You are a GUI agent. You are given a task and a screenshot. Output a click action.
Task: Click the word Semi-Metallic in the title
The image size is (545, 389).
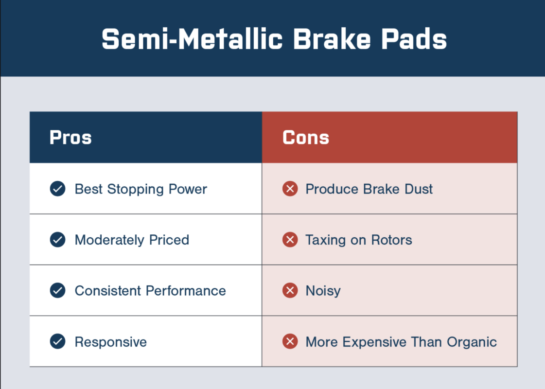192,39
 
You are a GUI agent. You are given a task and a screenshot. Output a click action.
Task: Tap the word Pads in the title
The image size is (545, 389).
414,39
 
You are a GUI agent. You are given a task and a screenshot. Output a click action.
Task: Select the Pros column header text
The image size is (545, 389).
70,137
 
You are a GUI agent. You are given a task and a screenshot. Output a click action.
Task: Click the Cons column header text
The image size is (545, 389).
306,137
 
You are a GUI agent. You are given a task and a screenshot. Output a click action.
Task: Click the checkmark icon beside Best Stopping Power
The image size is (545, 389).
58,189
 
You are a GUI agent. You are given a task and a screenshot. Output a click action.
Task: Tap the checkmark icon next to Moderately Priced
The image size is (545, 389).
58,240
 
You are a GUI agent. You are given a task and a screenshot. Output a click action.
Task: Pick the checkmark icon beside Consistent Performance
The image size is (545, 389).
58,290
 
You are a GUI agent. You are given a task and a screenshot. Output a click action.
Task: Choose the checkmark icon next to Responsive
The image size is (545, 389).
58,341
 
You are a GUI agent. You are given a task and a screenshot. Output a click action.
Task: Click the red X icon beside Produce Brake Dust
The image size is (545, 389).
290,189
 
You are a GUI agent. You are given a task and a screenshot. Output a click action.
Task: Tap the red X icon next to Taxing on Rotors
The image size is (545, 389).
290,240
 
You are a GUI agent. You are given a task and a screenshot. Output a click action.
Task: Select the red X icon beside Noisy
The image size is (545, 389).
290,290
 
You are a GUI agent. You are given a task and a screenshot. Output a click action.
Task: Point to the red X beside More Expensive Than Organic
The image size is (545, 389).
290,341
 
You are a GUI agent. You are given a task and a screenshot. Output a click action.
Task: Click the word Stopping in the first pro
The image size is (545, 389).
135,190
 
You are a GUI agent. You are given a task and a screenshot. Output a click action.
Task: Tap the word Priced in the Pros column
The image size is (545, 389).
169,240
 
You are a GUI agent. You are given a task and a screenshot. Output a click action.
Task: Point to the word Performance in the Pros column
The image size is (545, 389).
186,291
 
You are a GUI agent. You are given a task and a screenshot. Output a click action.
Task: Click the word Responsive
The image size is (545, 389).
111,342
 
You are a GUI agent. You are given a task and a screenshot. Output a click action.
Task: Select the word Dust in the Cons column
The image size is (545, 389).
419,189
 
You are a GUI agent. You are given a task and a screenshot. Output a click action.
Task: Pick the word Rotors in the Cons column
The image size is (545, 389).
391,240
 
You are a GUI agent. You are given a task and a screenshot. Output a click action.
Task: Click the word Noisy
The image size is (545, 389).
323,291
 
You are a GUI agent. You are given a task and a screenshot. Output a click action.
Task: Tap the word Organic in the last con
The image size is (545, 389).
472,342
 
